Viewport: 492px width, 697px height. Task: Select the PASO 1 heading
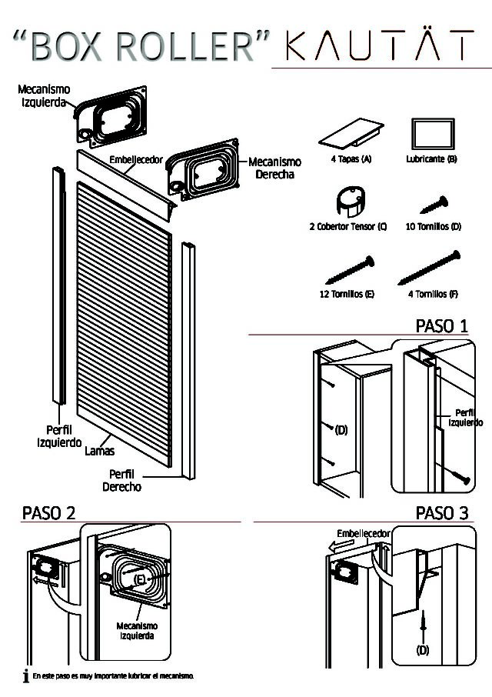[441, 325]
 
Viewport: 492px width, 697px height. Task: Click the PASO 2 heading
[49, 512]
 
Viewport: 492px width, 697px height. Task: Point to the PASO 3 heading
[441, 512]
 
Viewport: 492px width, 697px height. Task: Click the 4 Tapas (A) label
[351, 159]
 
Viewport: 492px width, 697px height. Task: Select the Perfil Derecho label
[121, 480]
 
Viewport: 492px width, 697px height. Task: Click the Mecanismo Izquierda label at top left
[44, 96]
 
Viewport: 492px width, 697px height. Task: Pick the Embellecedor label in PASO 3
[364, 533]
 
